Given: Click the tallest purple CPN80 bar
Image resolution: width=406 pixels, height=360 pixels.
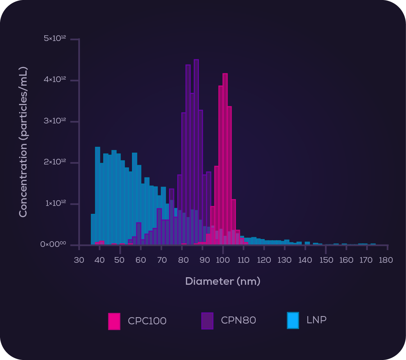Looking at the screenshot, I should coord(196,151).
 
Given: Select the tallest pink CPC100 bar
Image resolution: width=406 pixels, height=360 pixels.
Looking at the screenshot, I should coord(225,158).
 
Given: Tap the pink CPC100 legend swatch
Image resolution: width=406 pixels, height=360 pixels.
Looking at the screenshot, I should coord(114,321).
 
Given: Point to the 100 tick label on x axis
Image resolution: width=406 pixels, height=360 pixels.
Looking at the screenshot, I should coord(223,260).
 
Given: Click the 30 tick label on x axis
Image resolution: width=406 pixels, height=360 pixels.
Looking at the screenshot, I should coord(79,260).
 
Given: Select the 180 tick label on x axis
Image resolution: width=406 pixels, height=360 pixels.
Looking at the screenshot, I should coord(386,260).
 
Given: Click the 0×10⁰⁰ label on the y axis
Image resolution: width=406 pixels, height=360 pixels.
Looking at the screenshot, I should coord(53,244).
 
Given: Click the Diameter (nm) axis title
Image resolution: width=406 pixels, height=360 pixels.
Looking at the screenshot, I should coord(223,281).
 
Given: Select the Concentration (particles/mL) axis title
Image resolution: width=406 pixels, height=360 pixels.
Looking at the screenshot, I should coord(23,142).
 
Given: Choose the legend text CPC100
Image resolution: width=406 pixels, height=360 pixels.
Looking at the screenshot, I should coord(147,321).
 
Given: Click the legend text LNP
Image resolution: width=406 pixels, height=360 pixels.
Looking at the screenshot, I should coord(316,320).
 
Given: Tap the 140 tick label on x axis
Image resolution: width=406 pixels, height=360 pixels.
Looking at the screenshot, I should coord(305,260).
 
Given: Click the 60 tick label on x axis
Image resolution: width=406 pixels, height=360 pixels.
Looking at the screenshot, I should coord(141,260).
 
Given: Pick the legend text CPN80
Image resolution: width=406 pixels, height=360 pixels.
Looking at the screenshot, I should coord(238,320).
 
